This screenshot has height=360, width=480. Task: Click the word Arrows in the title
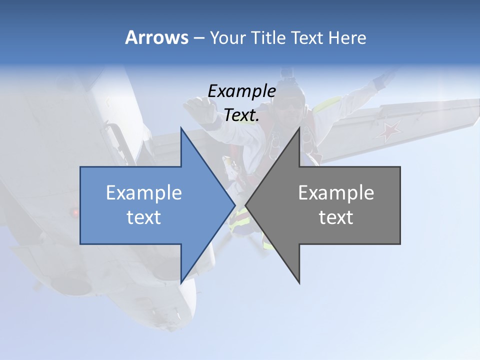(156, 37)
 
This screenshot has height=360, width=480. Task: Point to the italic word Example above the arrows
(241, 91)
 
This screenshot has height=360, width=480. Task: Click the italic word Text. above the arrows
(241, 115)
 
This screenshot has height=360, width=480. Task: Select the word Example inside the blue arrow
(143, 192)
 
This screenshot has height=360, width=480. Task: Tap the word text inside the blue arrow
(143, 217)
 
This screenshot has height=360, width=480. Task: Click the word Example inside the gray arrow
(336, 192)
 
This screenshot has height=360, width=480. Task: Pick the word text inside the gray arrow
(336, 217)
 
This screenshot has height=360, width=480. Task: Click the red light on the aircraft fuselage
(75, 213)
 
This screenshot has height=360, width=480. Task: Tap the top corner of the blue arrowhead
(181, 128)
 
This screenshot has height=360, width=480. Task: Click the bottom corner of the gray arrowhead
(299, 282)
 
